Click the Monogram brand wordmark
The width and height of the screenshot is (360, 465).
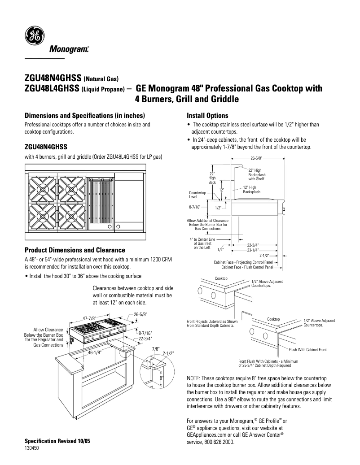pyautogui.click(x=69, y=49)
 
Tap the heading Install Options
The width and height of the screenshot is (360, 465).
pyautogui.click(x=207, y=115)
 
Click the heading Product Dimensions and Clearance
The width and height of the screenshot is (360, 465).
pyautogui.click(x=75, y=250)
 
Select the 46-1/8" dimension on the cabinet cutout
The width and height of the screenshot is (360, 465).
pyautogui.click(x=95, y=352)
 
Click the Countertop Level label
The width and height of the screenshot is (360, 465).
pyautogui.click(x=197, y=195)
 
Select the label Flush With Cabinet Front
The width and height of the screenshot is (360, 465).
pyautogui.click(x=307, y=349)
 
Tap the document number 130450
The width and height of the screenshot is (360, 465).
pyautogui.click(x=31, y=448)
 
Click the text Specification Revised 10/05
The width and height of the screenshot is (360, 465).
pyautogui.click(x=57, y=441)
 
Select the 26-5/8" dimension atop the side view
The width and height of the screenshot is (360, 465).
pyautogui.click(x=256, y=158)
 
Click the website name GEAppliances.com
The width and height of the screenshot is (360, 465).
pyautogui.click(x=209, y=434)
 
